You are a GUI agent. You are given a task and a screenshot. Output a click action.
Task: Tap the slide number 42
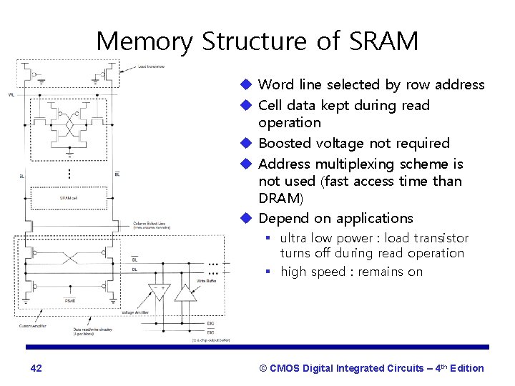tap(36, 368)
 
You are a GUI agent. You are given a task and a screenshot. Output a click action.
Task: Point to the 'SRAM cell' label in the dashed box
tap(69, 198)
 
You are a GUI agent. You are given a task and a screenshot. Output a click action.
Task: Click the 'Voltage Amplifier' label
tap(137, 312)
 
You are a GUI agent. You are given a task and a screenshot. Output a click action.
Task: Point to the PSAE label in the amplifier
tap(70, 300)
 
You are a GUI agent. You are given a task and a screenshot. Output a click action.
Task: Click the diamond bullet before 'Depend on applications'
tap(246, 218)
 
